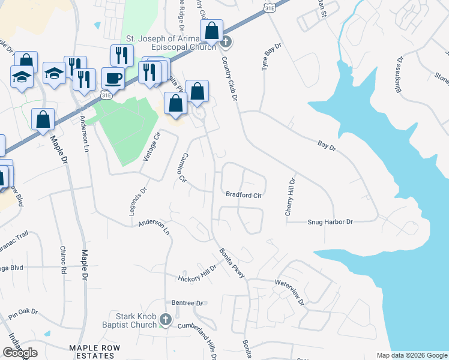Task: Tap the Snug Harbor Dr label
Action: click(330, 222)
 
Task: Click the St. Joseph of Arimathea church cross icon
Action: click(226, 41)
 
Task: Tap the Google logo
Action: click(20, 353)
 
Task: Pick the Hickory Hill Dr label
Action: click(196, 274)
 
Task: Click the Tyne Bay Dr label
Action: click(271, 58)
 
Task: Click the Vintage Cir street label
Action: click(153, 146)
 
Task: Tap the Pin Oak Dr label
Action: click(23, 313)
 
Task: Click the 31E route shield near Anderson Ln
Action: click(106, 95)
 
